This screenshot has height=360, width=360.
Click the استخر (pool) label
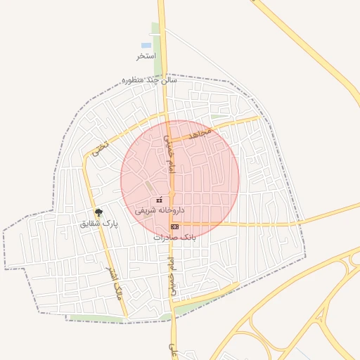(146, 56)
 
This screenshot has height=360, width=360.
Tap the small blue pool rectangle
(146, 45)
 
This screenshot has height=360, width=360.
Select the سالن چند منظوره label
(150, 80)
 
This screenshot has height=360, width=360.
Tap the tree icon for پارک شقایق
(98, 212)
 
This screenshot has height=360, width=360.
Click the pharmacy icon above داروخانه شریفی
(160, 200)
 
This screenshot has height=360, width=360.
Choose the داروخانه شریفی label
(160, 210)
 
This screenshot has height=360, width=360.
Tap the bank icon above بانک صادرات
(174, 226)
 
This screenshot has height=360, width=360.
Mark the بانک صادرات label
(174, 237)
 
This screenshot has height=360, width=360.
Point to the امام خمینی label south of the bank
(169, 276)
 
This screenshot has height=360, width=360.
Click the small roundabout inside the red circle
(171, 192)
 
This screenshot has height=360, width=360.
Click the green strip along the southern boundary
(98, 319)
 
